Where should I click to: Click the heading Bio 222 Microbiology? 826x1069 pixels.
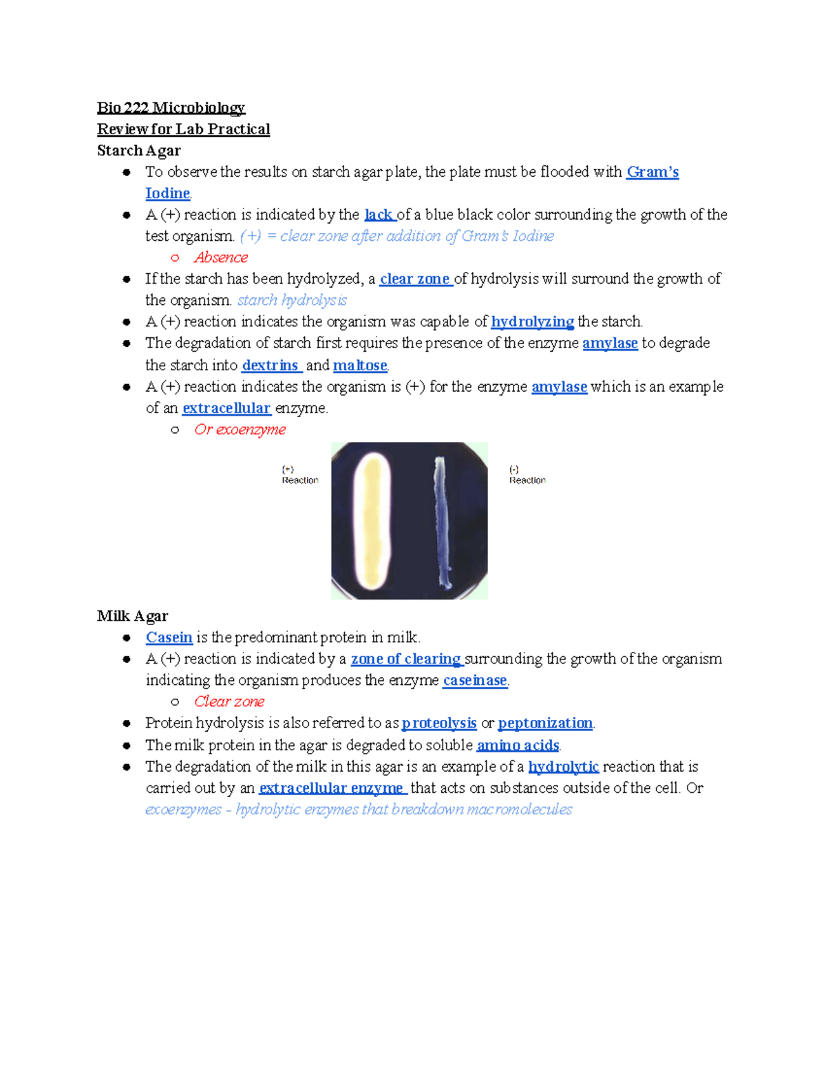[171, 107]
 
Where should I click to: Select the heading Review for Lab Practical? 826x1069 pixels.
[183, 129]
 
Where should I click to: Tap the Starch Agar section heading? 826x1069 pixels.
[138, 150]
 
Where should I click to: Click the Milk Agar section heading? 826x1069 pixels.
[132, 615]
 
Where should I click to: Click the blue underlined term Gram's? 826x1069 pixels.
[652, 171]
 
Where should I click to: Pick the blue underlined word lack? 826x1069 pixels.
[379, 214]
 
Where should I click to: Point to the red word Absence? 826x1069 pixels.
[220, 257]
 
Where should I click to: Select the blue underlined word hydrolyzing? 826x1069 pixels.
[532, 321]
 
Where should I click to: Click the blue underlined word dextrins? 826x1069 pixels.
[271, 365]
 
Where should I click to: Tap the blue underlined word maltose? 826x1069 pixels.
[360, 365]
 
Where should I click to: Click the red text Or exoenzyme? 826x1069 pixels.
[240, 429]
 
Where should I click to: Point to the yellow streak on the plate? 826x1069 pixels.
[372, 520]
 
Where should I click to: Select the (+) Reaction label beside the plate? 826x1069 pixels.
[299, 475]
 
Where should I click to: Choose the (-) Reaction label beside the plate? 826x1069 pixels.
[527, 475]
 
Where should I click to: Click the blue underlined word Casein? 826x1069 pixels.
[169, 637]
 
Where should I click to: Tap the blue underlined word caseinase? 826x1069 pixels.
[475, 680]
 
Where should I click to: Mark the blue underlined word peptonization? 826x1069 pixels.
[545, 723]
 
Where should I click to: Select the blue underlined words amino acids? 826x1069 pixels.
[518, 745]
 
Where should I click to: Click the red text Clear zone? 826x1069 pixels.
[229, 701]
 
